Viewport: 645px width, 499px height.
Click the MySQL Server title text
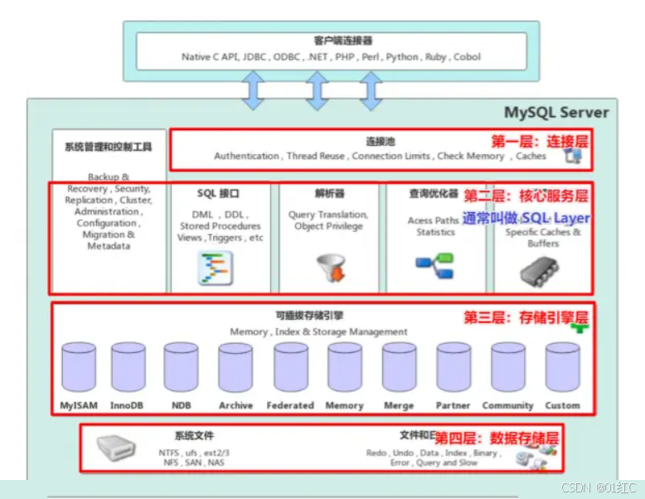coord(556,112)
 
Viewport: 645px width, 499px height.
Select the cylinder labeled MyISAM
coord(79,366)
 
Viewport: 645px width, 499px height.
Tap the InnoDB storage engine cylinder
coord(129,366)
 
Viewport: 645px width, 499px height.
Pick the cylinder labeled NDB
coord(180,366)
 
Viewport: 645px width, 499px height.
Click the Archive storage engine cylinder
coord(235,366)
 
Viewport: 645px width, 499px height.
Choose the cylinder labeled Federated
coord(290,366)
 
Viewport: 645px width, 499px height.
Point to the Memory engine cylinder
coord(344,366)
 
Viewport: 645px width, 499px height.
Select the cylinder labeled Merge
coord(399,366)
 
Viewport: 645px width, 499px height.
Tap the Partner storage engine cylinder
coord(453,366)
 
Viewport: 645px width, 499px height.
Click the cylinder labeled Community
coord(507,366)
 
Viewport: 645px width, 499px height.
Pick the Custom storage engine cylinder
coord(562,366)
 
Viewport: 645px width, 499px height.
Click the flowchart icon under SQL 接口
coord(216,268)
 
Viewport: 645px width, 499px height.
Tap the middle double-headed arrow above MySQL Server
coord(315,90)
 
